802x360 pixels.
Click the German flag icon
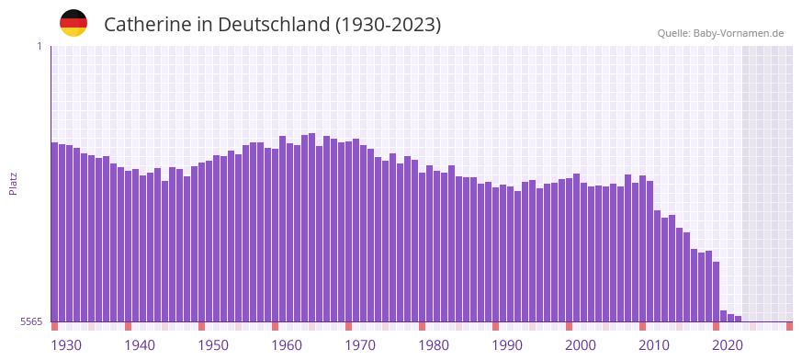click(73, 23)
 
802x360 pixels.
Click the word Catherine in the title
click(147, 25)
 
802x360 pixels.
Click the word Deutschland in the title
click(275, 25)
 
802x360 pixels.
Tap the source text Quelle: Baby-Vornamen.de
click(720, 33)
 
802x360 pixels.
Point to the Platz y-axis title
click(13, 183)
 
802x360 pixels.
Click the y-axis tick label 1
click(39, 46)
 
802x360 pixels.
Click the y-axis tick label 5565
click(29, 322)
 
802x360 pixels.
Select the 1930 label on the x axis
click(66, 345)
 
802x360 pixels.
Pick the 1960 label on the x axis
click(287, 345)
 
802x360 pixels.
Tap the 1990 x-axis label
click(507, 345)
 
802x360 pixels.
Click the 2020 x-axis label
click(728, 345)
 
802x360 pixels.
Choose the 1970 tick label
click(360, 345)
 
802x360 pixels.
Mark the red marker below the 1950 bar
click(201, 326)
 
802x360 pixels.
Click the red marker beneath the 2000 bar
click(569, 326)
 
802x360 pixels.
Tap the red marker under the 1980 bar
click(422, 326)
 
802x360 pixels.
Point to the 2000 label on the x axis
click(581, 345)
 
